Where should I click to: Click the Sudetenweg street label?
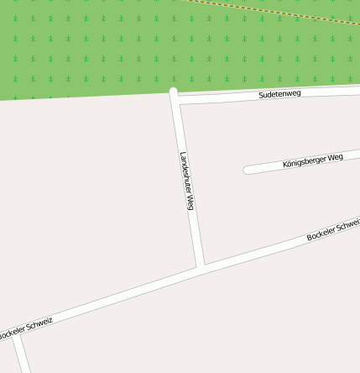click(280, 94)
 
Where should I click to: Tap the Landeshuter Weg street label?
click(188, 181)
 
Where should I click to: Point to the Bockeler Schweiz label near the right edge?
click(333, 229)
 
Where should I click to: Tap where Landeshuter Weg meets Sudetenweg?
click(175, 95)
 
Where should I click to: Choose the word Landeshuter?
click(185, 171)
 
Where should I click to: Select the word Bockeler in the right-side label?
click(321, 234)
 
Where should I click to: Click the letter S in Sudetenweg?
click(262, 96)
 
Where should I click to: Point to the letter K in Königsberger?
click(285, 165)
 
